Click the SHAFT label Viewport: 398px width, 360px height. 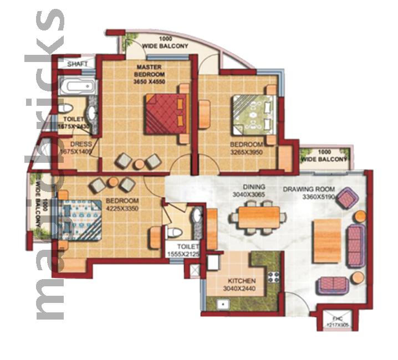pyautogui.click(x=77, y=64)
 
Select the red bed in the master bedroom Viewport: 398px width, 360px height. pyautogui.click(x=165, y=113)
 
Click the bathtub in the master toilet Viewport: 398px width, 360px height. pyautogui.click(x=77, y=86)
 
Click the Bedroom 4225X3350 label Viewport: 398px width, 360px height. pyautogui.click(x=122, y=204)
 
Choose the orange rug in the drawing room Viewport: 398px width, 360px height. pyautogui.click(x=326, y=240)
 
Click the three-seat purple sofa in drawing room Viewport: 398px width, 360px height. pyautogui.click(x=355, y=245)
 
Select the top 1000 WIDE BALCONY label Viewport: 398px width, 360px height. pyautogui.click(x=165, y=43)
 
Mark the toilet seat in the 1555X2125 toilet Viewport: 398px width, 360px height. pyautogui.click(x=174, y=232)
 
